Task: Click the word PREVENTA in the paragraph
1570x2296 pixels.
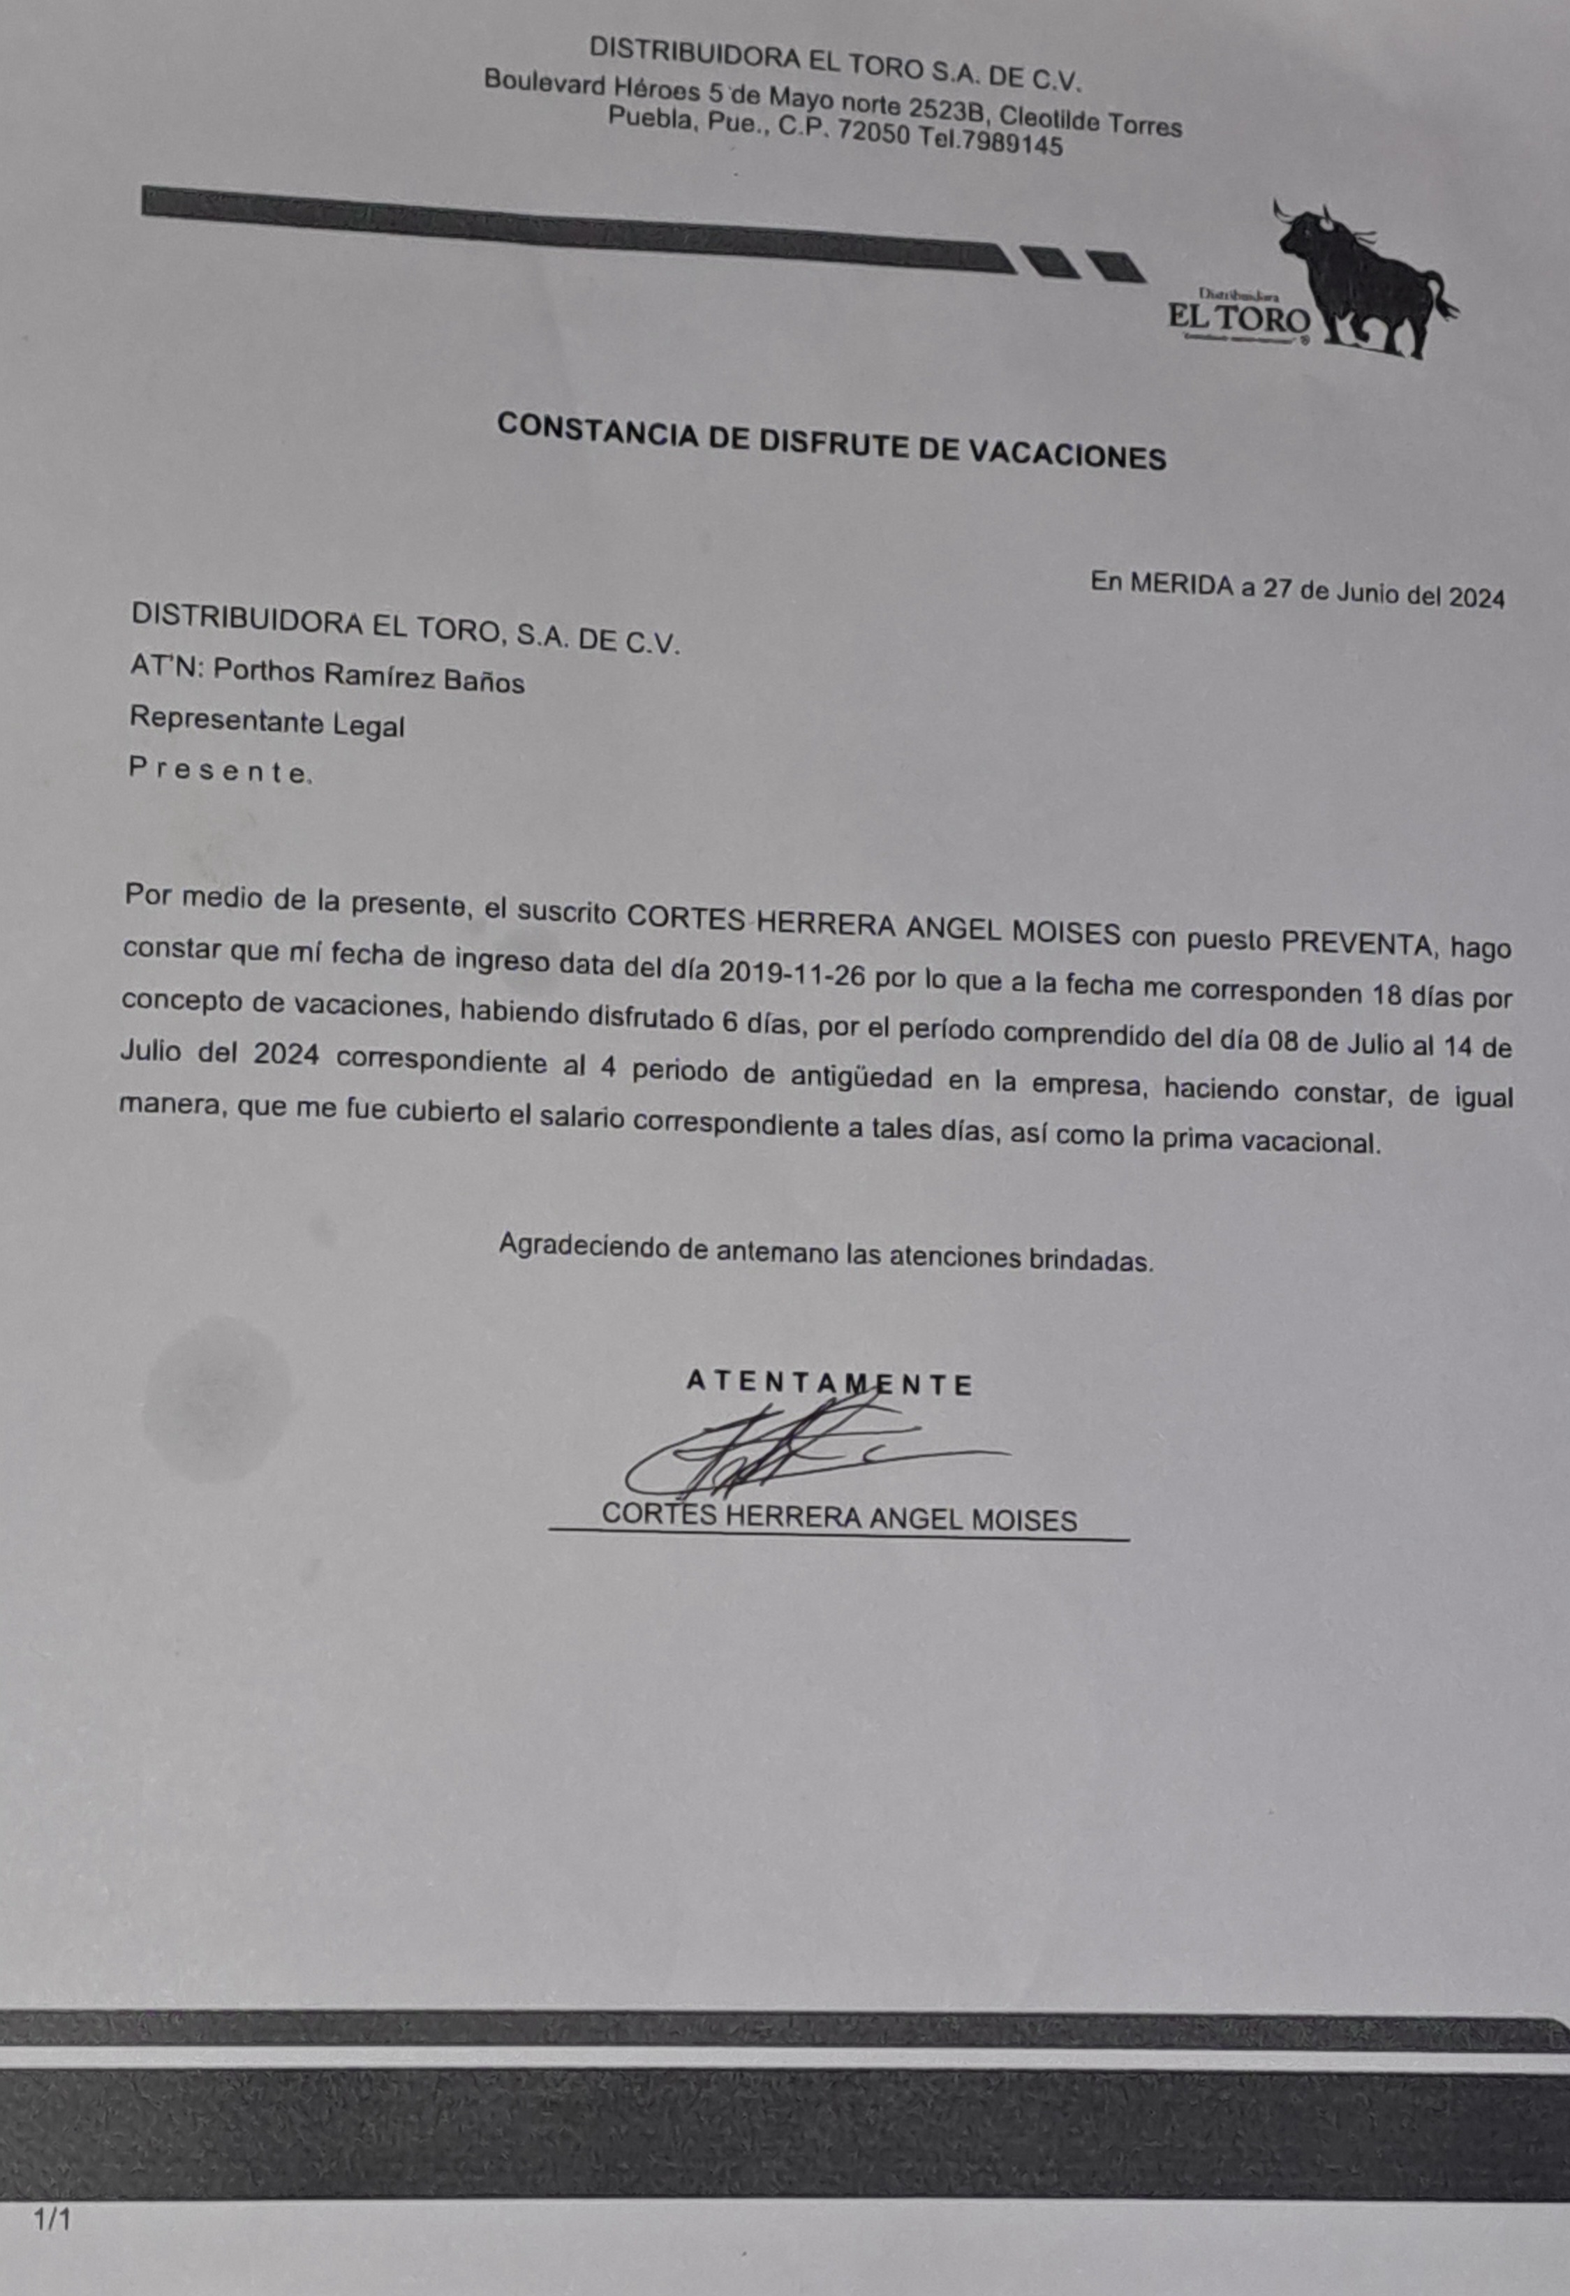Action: point(1358,942)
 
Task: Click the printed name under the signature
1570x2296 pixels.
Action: point(839,1518)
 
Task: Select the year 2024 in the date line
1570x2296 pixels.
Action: point(1476,597)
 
